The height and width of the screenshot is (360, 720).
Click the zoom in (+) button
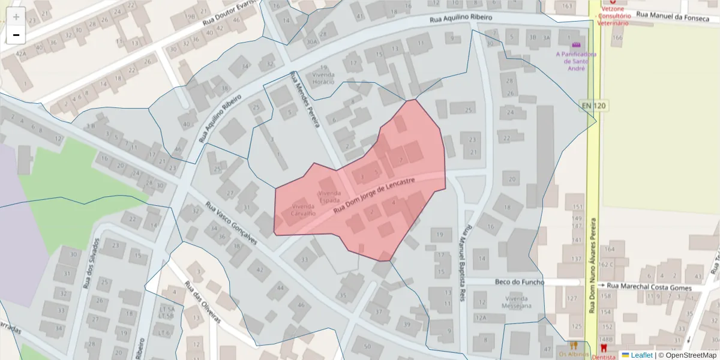pyautogui.click(x=16, y=16)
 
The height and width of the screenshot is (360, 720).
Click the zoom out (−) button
pyautogui.click(x=16, y=35)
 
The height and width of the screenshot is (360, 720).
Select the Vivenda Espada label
pyautogui.click(x=329, y=197)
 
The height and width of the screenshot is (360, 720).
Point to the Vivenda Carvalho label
pyautogui.click(x=303, y=209)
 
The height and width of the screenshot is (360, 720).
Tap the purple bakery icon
pyautogui.click(x=577, y=45)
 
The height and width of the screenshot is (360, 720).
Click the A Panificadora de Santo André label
pyautogui.click(x=576, y=61)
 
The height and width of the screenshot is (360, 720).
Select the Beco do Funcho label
pyautogui.click(x=520, y=282)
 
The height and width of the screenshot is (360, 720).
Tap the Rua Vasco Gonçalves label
pyautogui.click(x=231, y=223)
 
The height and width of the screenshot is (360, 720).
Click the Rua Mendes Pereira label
pyautogui.click(x=305, y=99)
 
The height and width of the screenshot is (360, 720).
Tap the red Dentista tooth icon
pyautogui.click(x=604, y=347)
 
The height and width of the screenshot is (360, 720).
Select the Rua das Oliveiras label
pyautogui.click(x=203, y=302)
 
